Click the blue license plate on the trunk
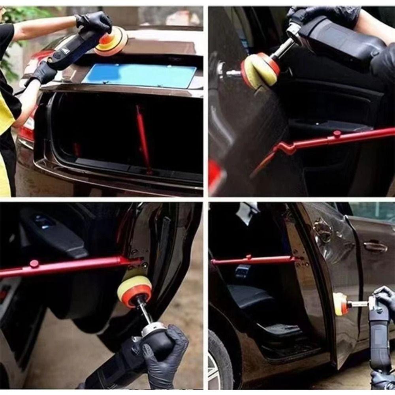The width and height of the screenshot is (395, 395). (x=139, y=76)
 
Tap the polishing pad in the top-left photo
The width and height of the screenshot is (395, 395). (x=111, y=41)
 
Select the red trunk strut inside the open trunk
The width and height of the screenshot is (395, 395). (x=143, y=138)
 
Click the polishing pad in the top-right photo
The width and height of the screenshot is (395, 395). (x=261, y=70)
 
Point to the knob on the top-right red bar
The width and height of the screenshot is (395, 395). (x=337, y=134)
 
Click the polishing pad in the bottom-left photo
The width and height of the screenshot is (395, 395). (x=135, y=290)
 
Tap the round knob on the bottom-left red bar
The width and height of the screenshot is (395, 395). (x=34, y=263)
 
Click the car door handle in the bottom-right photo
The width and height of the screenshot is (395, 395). (x=375, y=247)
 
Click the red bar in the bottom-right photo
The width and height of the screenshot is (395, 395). (x=253, y=260)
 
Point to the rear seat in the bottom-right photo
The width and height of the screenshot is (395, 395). (x=247, y=296)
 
